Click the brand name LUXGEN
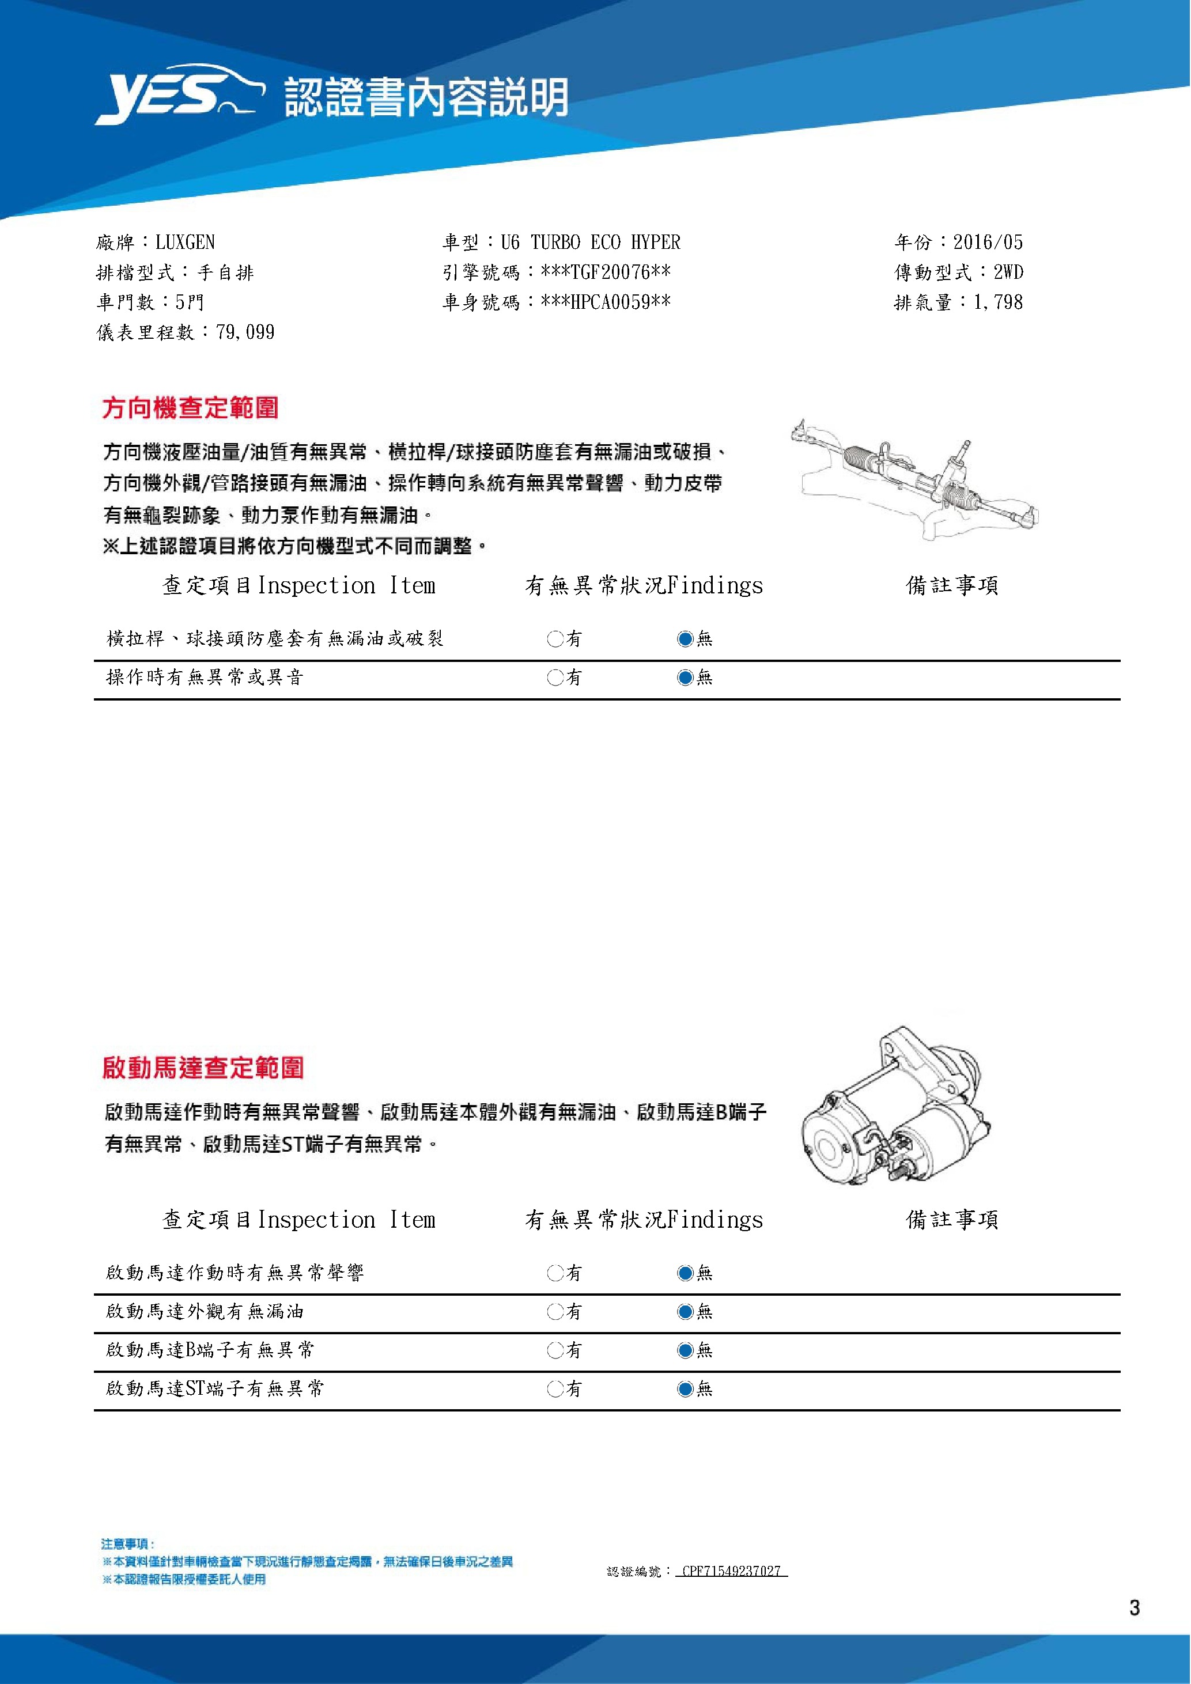coord(185,242)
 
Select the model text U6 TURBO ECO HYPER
coord(591,242)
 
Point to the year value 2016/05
coord(987,242)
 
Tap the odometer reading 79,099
coord(245,332)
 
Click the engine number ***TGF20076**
coord(605,272)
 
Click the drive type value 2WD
coord(1008,272)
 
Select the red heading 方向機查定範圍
coord(190,408)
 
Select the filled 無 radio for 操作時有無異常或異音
coord(685,678)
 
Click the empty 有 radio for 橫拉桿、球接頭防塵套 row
coord(554,639)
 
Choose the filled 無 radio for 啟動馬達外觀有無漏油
coord(685,1311)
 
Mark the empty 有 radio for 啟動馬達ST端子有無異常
coord(554,1388)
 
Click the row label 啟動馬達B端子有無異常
coord(210,1349)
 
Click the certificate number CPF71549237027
coord(731,1571)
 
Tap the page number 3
coord(1135,1608)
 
